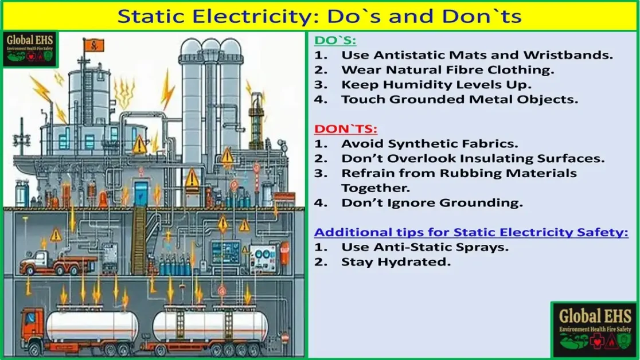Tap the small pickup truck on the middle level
coord(50,263)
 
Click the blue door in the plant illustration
coord(141,192)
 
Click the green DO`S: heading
coord(335,41)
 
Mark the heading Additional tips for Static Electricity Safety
coord(471,232)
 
